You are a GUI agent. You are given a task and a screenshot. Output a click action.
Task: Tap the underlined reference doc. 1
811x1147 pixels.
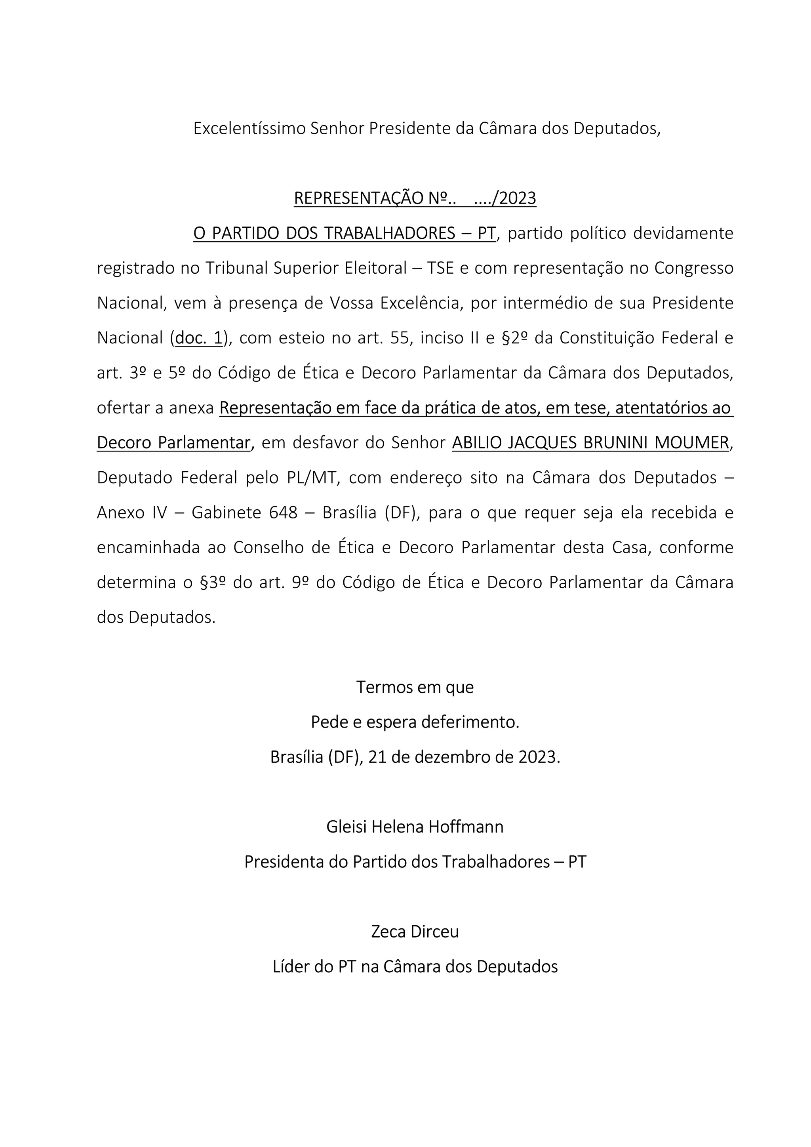tap(199, 338)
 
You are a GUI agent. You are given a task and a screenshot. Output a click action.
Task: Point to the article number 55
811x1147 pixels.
tap(400, 338)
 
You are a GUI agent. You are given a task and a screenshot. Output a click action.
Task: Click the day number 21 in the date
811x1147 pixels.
tap(377, 757)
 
